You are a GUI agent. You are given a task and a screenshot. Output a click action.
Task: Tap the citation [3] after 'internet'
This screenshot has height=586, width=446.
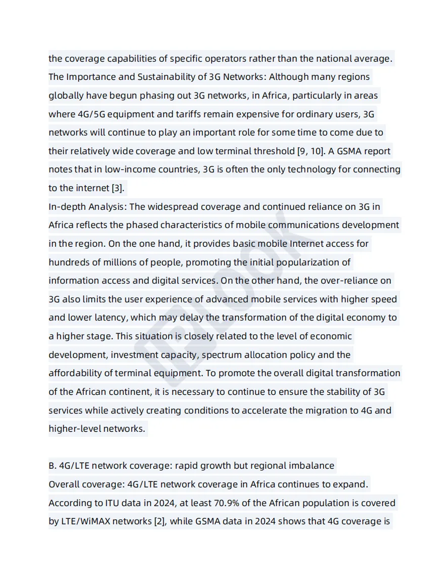(117, 188)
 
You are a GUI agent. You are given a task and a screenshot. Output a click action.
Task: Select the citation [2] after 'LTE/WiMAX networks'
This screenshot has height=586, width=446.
(160, 521)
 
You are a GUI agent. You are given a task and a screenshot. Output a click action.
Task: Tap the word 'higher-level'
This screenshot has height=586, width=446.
(75, 429)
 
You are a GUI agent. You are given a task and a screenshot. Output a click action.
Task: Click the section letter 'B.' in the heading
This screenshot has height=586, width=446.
(53, 466)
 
